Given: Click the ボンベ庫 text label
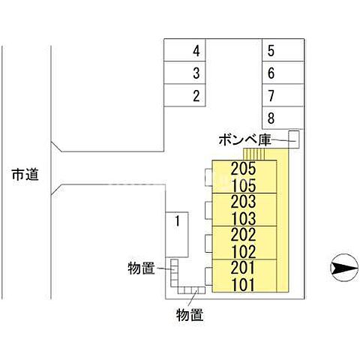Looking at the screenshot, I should tap(244, 139).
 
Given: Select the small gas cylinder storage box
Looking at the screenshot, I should tap(294, 139).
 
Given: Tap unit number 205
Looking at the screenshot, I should tap(244, 169).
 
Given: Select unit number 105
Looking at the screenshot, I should tap(244, 185).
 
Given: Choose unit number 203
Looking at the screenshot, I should tap(244, 202).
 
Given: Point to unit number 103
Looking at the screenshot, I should tap(244, 218).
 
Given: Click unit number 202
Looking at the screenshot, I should tap(244, 235).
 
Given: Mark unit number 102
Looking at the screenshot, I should tap(244, 251).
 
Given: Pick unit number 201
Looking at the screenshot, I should tap(244, 268).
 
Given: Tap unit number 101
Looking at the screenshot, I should tap(244, 284).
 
